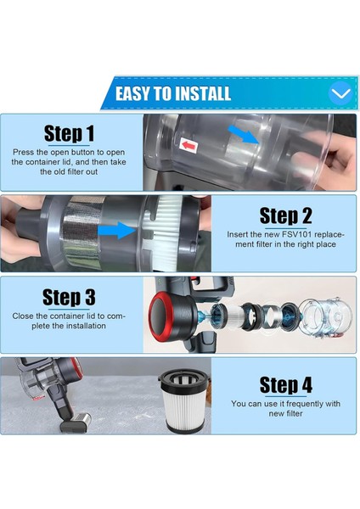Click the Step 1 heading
[69, 133]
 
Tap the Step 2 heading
[285, 215]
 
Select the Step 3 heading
[69, 297]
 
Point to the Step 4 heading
[286, 385]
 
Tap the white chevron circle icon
[340, 93]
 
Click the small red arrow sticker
[188, 145]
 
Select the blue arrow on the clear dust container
[243, 134]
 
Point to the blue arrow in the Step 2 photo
[116, 231]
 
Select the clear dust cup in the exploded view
[325, 315]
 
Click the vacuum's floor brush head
[76, 422]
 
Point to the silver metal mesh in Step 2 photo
[82, 232]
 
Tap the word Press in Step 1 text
[23, 152]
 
